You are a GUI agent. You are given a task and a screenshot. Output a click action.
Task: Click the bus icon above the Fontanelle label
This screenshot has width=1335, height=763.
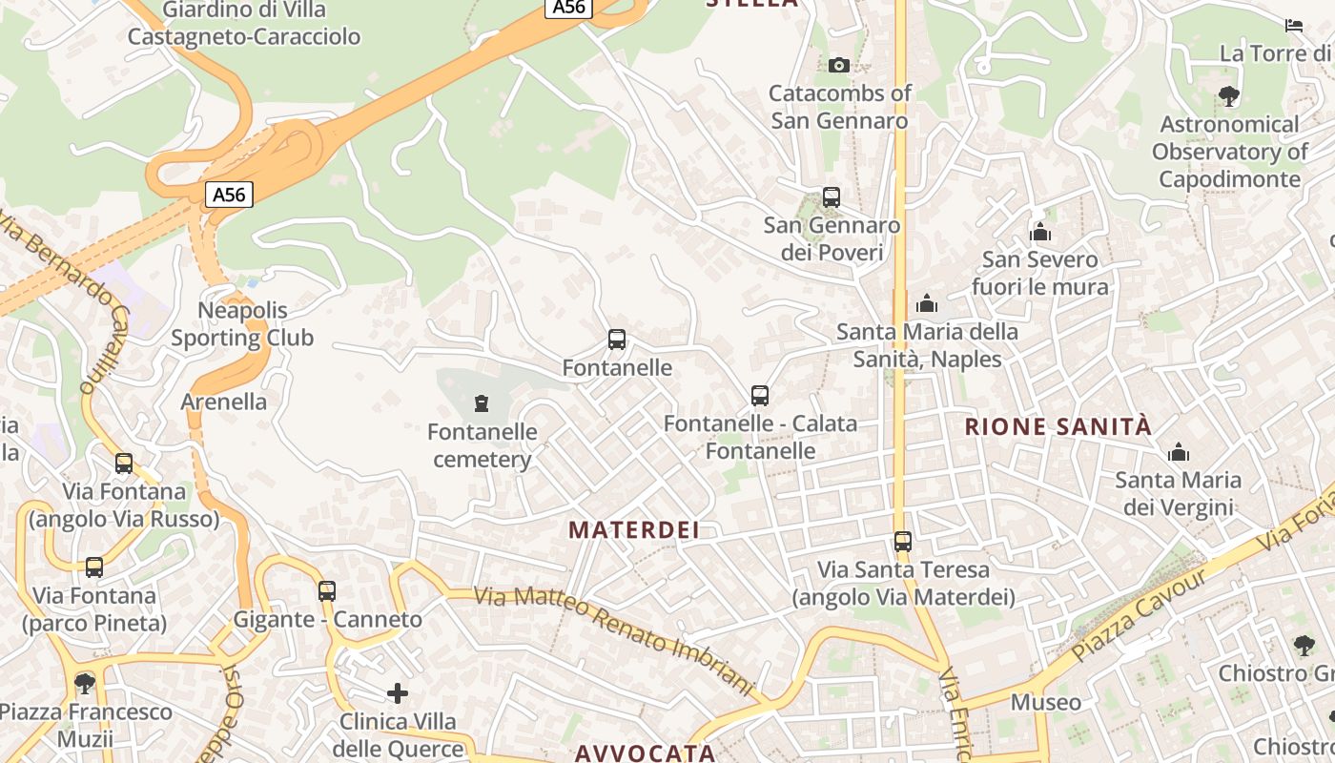pos(617,340)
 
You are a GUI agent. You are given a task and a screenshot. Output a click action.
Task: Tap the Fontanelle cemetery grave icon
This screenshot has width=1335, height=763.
pos(482,403)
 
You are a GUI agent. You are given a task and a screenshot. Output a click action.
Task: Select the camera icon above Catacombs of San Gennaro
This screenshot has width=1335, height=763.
pos(839,65)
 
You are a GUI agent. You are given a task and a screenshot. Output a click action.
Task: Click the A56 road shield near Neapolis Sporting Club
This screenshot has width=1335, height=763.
pos(229,196)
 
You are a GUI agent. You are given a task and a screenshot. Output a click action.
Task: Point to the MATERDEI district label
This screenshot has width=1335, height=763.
pos(634,530)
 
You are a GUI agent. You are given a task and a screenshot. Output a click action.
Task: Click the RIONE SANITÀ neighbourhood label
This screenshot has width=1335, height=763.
pos(1058,426)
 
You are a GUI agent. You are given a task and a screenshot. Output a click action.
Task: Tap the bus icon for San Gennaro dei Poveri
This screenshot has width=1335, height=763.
pos(832,197)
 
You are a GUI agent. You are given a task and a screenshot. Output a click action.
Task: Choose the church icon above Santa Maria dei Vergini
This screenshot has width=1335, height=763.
pos(1179,451)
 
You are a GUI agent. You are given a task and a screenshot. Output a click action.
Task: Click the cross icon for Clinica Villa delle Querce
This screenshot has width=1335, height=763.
pos(398,693)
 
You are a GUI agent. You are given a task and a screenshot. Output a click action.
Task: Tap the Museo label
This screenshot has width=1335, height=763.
pos(1046,703)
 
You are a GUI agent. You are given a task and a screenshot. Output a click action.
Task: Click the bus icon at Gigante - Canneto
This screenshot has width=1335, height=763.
pos(327,591)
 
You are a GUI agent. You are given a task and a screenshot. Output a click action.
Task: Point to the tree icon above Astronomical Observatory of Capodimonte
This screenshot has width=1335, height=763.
pos(1229,95)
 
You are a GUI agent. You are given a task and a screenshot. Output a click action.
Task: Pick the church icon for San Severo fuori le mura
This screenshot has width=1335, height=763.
pos(1040,232)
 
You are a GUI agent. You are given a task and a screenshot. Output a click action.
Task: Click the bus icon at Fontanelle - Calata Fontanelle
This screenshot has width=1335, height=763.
pos(760,395)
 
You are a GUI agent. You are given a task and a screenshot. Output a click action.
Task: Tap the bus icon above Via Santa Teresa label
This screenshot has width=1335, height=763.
pos(903,542)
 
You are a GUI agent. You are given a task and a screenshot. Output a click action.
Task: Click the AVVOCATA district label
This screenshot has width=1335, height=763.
pos(645,753)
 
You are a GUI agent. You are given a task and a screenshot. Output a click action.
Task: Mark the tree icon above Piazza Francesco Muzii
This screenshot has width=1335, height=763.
pos(85,683)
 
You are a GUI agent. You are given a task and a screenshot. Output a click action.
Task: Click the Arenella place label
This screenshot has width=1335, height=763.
pos(224,402)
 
